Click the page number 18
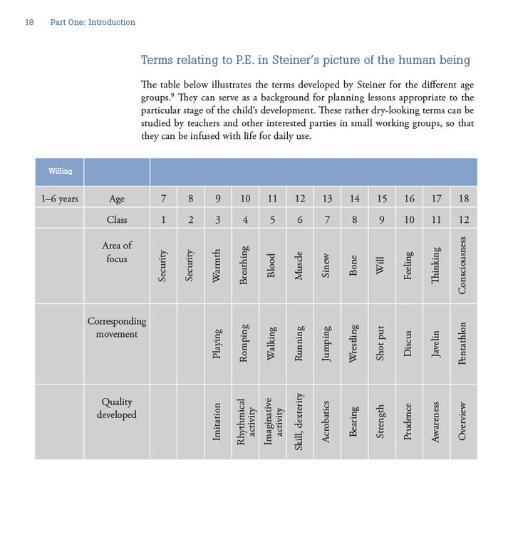click(x=29, y=22)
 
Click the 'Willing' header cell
click(x=59, y=171)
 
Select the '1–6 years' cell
click(x=59, y=199)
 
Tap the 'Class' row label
click(x=116, y=219)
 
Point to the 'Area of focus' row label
click(x=116, y=252)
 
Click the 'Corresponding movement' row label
click(x=116, y=328)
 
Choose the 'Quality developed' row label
click(x=116, y=408)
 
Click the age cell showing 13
click(x=327, y=199)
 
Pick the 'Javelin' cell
click(x=435, y=346)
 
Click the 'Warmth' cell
click(x=217, y=266)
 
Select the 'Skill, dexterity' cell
click(x=299, y=422)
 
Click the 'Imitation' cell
click(x=217, y=422)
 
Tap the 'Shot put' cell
click(x=381, y=344)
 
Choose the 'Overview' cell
click(x=462, y=422)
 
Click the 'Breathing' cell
click(x=245, y=266)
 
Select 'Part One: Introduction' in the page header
click(x=93, y=22)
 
